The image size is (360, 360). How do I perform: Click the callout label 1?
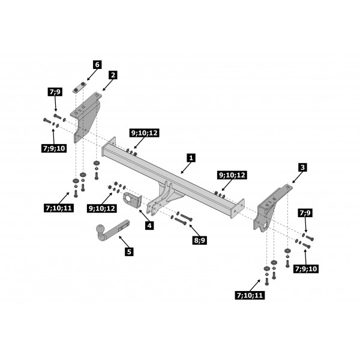coord(191,158)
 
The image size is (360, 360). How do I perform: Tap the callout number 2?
coord(113,75)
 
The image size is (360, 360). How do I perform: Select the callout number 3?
coord(302,167)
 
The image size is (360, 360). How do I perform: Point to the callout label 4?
coord(149,226)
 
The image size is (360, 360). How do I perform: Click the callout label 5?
coord(129,251)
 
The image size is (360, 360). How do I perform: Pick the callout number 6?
coord(97,65)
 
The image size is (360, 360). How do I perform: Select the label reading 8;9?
coord(200,240)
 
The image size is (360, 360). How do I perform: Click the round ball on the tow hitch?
coord(101,229)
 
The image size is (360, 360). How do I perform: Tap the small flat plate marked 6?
coord(79,87)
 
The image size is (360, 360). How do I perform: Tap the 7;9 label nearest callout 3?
coord(305,213)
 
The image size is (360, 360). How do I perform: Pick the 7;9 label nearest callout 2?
coord(55,92)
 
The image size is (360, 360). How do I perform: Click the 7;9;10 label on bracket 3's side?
coord(306,268)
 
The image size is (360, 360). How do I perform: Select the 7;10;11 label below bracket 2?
coord(59,208)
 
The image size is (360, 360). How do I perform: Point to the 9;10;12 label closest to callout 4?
coord(102,208)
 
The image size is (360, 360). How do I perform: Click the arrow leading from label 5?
coord(124,242)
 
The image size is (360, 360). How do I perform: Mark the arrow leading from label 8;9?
coord(194,230)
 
